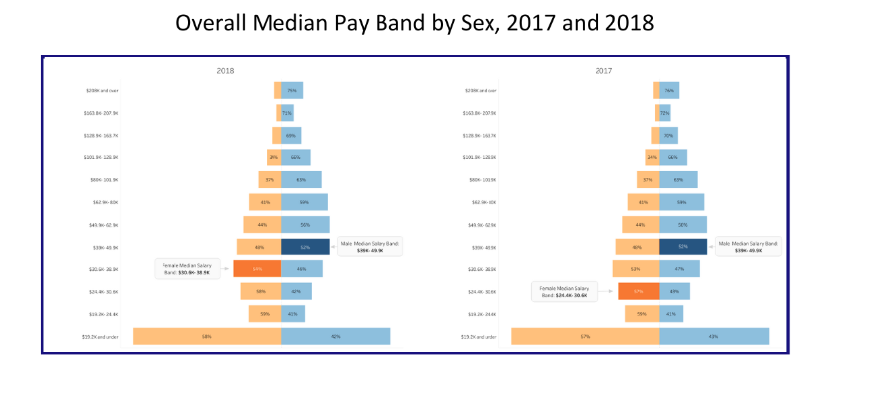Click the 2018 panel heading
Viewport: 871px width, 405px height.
coord(226,71)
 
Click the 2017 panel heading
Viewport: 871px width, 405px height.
coord(603,71)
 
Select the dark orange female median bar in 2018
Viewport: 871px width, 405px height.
coord(257,268)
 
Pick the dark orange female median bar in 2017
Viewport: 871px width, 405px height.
coord(638,291)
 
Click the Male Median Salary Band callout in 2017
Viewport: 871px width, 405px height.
coord(748,246)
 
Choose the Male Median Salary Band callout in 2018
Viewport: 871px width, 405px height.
coord(371,246)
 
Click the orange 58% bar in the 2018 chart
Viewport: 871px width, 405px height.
coord(207,336)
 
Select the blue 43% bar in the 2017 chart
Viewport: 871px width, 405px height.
coord(713,336)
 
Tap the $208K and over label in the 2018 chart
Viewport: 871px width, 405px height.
coord(102,90)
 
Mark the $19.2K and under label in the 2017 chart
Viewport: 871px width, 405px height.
coord(481,337)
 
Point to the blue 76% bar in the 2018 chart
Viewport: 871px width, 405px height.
coord(292,90)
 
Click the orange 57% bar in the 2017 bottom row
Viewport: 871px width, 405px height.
coord(585,336)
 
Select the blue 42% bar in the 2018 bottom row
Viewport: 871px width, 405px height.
coord(335,336)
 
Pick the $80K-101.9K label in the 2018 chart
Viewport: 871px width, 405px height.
coord(101,180)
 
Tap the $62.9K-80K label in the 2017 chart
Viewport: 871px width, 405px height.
coord(481,202)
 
